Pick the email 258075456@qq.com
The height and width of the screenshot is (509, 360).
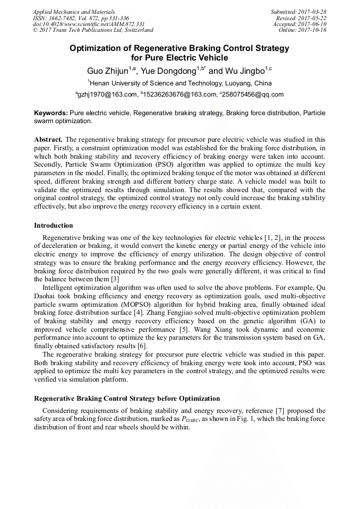pyautogui.click(x=253, y=95)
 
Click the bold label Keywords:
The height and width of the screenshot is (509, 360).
pyautogui.click(x=50, y=113)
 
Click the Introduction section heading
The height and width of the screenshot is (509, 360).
pyautogui.click(x=54, y=226)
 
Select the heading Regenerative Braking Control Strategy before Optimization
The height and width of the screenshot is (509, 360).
pyautogui.click(x=127, y=398)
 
